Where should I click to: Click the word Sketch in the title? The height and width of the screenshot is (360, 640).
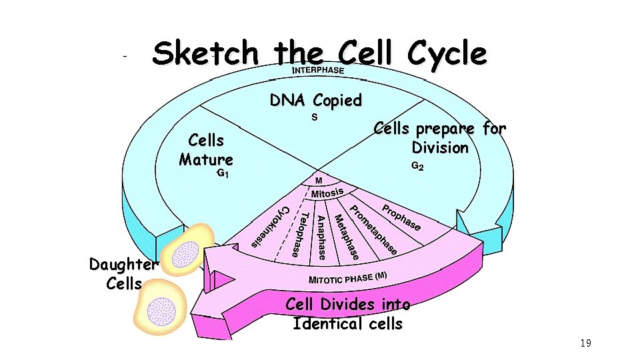pyautogui.click(x=205, y=53)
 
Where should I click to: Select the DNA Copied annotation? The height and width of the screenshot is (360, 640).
pyautogui.click(x=315, y=101)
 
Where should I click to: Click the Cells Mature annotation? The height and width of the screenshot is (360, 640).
pyautogui.click(x=206, y=150)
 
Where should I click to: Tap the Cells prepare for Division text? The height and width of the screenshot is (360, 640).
pyautogui.click(x=439, y=137)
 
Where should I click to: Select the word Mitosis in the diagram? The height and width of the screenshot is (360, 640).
pyautogui.click(x=327, y=193)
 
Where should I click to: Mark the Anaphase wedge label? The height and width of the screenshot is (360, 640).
pyautogui.click(x=321, y=237)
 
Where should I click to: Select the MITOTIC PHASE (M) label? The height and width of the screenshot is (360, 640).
pyautogui.click(x=347, y=277)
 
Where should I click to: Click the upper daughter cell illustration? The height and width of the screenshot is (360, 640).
pyautogui.click(x=185, y=250)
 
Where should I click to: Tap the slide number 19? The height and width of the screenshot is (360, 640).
pyautogui.click(x=585, y=343)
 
